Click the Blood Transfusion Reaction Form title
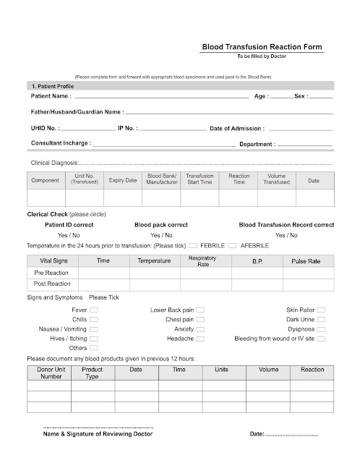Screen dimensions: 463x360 tap(262, 48)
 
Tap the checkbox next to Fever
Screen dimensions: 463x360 tap(93, 310)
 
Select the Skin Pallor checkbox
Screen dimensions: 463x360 tap(320, 310)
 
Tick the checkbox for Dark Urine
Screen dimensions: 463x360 tap(320, 319)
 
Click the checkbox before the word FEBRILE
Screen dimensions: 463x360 tap(193, 246)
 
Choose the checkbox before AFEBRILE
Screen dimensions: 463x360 tap(232, 246)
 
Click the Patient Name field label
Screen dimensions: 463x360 tap(49, 96)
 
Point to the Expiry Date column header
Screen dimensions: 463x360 tap(122, 179)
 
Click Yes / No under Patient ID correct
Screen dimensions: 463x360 tap(69, 235)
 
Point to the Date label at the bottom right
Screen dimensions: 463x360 tap(257, 434)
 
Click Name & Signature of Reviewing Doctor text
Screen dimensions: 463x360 tap(98, 435)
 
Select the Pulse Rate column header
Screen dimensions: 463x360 tap(306, 260)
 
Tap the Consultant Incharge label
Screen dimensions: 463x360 tap(60, 143)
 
